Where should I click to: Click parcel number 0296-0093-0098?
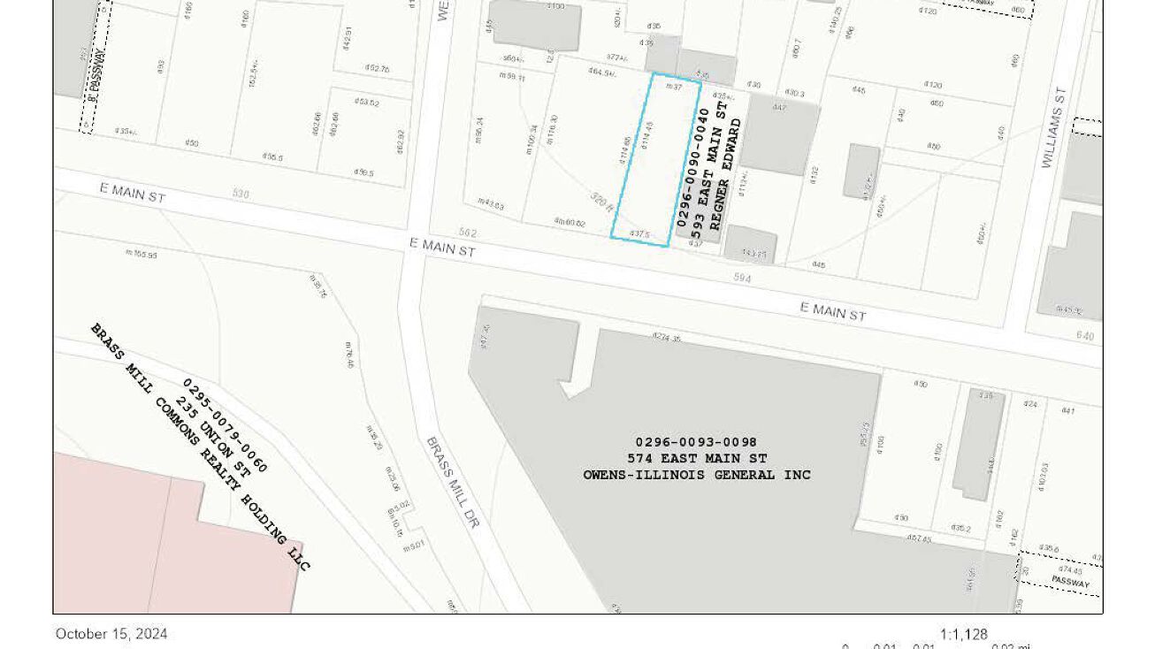(x=696, y=442)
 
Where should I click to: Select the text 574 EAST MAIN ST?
(x=697, y=458)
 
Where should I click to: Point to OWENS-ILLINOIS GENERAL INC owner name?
(x=697, y=475)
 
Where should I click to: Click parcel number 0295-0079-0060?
(x=225, y=425)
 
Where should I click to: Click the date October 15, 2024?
(x=111, y=634)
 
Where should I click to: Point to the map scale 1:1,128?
(x=963, y=634)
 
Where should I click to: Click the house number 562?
(x=468, y=233)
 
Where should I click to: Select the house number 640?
(x=1085, y=336)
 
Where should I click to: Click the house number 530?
(x=241, y=193)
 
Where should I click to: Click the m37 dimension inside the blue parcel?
(x=673, y=87)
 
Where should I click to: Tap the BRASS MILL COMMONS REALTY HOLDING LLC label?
(x=200, y=447)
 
